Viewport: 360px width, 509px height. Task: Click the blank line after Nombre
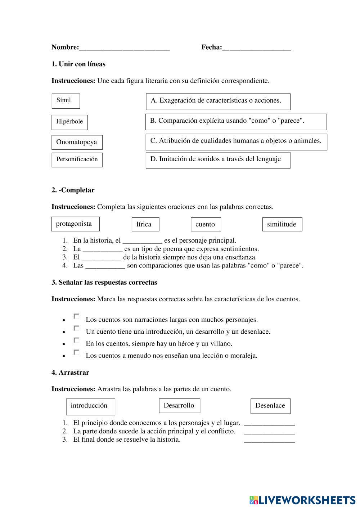(x=124, y=48)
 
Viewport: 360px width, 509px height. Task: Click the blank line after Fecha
(x=256, y=48)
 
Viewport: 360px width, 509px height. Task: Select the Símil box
(x=66, y=101)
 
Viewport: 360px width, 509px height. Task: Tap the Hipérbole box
(x=69, y=122)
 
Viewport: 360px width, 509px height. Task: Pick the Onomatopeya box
(x=77, y=142)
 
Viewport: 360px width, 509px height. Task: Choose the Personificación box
(x=77, y=159)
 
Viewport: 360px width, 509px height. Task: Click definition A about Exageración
(x=218, y=101)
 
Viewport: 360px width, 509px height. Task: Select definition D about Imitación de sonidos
(x=218, y=160)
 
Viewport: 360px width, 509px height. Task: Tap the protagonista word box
(x=75, y=224)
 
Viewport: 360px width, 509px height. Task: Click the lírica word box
(x=145, y=224)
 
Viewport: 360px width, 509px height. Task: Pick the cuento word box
(x=206, y=224)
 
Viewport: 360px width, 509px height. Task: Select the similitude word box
(x=282, y=224)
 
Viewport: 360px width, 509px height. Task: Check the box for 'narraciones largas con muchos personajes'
(x=76, y=316)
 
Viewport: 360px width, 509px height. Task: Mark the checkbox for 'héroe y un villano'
(x=76, y=341)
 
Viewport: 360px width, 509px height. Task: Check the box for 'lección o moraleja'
(x=76, y=352)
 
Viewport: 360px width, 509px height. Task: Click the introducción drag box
(x=90, y=406)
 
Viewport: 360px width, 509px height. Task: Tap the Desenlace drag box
(x=270, y=406)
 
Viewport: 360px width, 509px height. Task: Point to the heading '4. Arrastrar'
(x=70, y=373)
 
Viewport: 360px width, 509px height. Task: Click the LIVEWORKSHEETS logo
(x=302, y=500)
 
